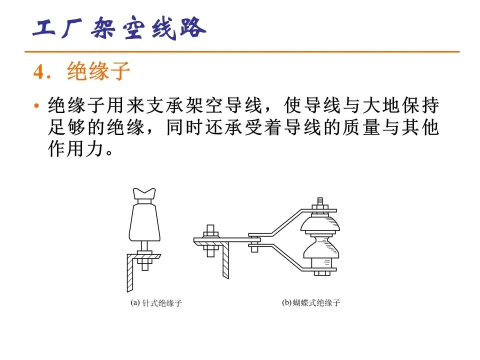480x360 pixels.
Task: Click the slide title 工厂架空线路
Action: (119, 28)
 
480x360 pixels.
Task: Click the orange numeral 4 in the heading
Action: (39, 72)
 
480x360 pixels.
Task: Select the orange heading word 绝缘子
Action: (98, 71)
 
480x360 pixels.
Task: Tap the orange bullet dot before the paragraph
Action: (36, 106)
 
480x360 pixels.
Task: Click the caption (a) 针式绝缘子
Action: (156, 303)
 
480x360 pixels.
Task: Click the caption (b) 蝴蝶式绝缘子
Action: (311, 303)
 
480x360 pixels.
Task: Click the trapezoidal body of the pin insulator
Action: (144, 222)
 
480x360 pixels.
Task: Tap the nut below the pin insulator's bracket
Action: (145, 261)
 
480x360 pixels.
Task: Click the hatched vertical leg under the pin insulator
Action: (130, 272)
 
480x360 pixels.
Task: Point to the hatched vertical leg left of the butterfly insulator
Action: (225, 260)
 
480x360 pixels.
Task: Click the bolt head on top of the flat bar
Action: (210, 229)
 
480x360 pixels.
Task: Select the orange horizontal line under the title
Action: (242, 51)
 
